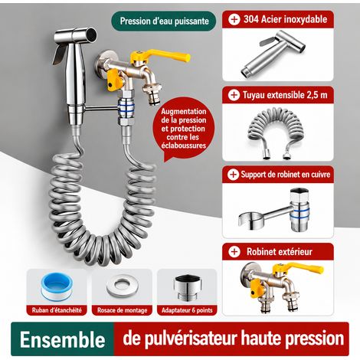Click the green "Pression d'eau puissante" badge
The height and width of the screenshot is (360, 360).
[164, 21]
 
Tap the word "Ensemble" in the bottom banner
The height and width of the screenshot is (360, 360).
[63, 339]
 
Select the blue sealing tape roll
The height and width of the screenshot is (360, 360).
[57, 286]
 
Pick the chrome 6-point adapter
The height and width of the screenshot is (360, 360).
[188, 287]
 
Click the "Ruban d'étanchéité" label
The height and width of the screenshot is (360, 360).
[57, 310]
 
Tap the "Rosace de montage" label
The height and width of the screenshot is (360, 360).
[123, 310]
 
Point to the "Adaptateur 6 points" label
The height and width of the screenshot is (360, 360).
[187, 310]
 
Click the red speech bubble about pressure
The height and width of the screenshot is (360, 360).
[183, 129]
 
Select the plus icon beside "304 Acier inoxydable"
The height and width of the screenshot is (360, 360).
[234, 19]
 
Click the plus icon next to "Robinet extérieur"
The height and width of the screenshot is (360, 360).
[234, 252]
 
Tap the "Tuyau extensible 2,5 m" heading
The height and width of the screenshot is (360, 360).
[285, 95]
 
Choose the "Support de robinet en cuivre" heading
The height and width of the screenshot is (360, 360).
[286, 175]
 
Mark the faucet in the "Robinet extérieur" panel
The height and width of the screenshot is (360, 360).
[281, 287]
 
